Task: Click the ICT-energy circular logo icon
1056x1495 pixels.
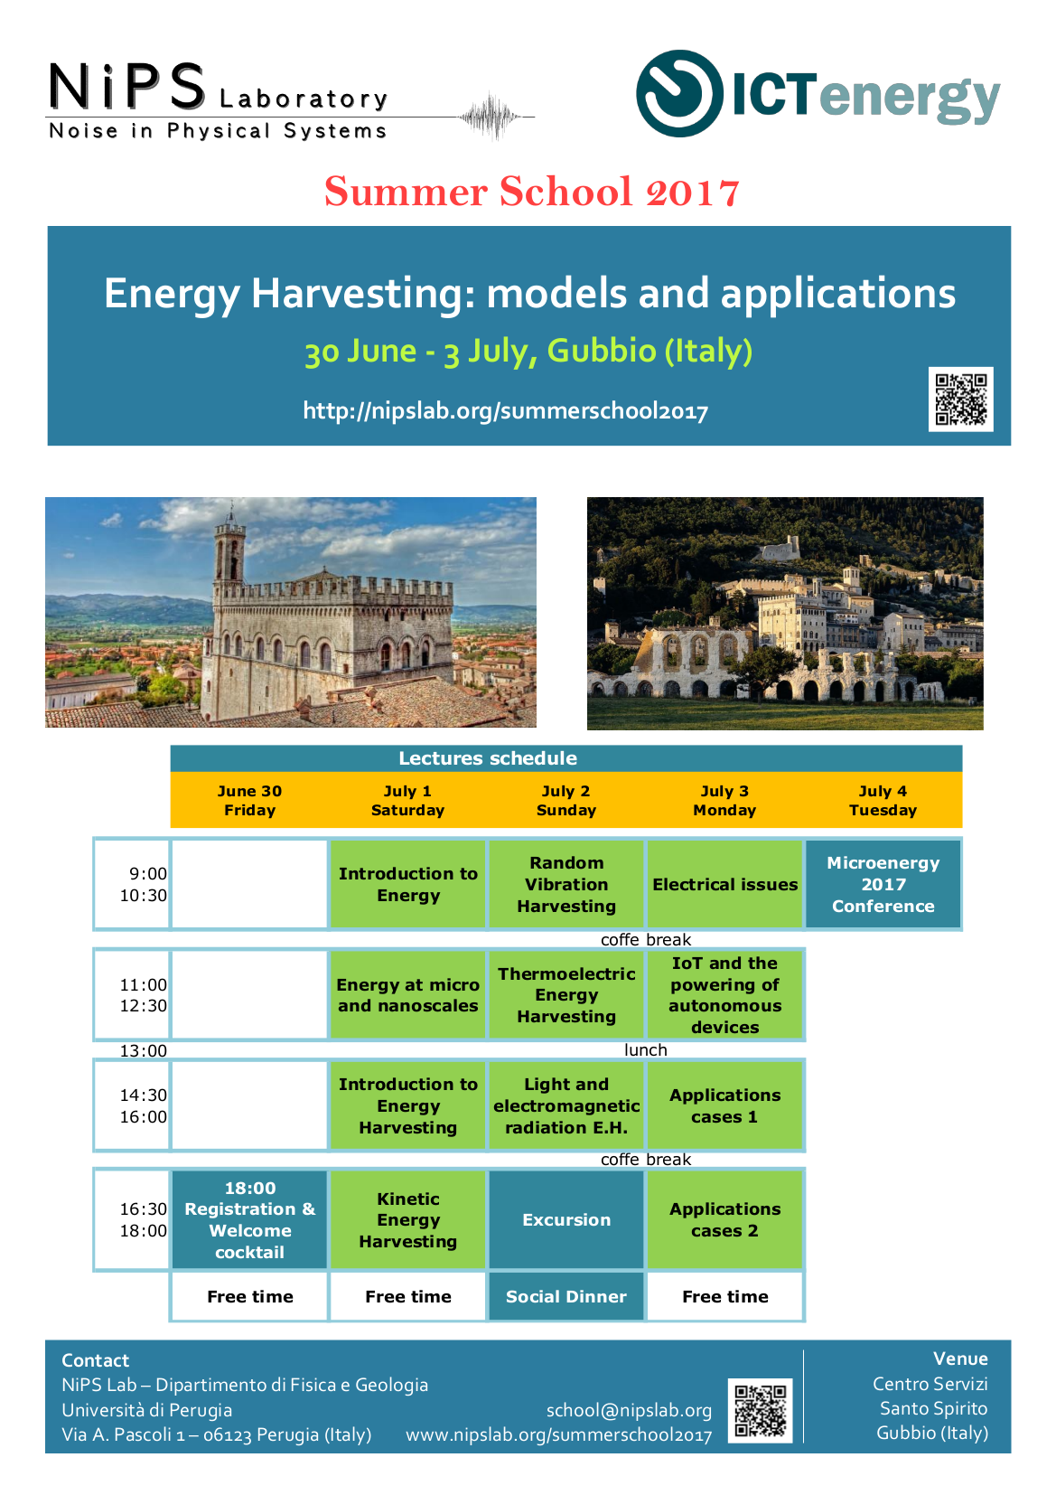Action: [679, 93]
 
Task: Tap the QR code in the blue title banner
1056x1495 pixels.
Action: [960, 400]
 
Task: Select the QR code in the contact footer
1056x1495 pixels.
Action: [760, 1410]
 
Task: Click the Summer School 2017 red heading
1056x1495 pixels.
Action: [532, 192]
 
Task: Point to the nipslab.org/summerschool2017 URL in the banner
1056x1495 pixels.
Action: [505, 411]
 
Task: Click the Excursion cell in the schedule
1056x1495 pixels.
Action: [566, 1219]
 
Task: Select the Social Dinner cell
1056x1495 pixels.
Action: [566, 1296]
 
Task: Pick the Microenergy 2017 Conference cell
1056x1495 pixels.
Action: [883, 884]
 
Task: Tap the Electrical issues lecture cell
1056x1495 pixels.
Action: [724, 884]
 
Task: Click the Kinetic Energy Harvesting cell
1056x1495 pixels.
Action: [408, 1219]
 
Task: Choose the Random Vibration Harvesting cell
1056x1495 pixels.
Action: [566, 884]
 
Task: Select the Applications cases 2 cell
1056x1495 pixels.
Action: [724, 1219]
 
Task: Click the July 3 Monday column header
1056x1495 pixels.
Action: [724, 800]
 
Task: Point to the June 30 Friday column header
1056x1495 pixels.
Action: [249, 800]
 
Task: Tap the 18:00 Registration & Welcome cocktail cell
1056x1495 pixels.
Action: [249, 1219]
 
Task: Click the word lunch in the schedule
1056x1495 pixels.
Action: [645, 1049]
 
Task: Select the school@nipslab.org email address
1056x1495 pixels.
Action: [629, 1410]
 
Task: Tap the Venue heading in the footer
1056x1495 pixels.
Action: [960, 1359]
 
